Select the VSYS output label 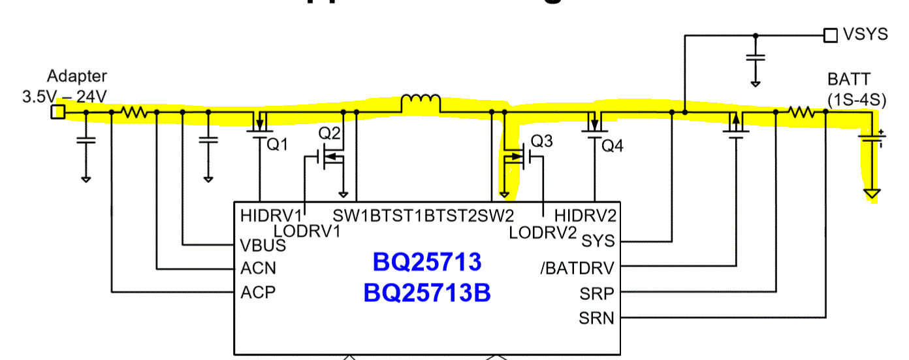click(x=865, y=35)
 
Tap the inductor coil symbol click(x=421, y=103)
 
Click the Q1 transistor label click(x=277, y=145)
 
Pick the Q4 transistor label click(x=612, y=146)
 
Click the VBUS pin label click(x=263, y=246)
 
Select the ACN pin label click(x=258, y=268)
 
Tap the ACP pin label click(x=258, y=291)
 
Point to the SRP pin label click(x=596, y=293)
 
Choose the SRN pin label click(x=596, y=318)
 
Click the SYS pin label click(x=597, y=240)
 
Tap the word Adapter click(x=76, y=76)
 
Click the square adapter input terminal click(x=58, y=112)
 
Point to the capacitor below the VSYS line click(x=755, y=58)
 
